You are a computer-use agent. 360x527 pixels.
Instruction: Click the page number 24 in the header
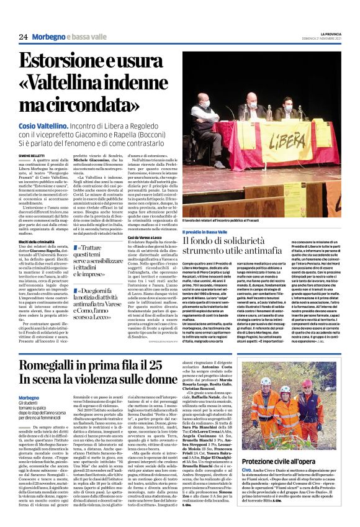pos(23,37)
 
